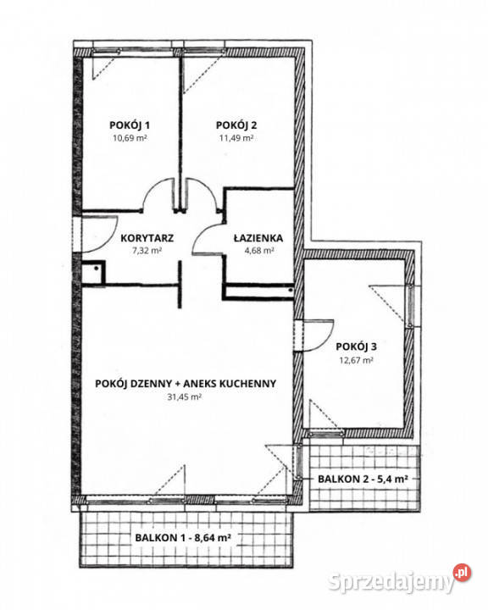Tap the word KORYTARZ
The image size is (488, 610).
[147, 238]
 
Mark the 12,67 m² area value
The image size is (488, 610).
[355, 360]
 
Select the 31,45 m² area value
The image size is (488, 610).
[184, 396]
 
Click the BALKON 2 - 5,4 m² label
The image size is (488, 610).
[363, 479]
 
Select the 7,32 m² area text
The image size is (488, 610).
[147, 252]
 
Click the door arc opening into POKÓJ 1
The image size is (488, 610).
[158, 197]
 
